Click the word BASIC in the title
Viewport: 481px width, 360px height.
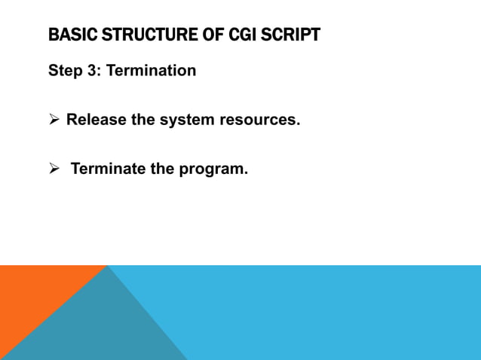(66, 35)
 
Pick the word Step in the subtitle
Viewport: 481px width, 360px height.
(65, 71)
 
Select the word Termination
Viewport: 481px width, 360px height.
(151, 71)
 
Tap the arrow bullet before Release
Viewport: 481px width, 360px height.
(54, 120)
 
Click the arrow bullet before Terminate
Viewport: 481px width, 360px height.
(54, 169)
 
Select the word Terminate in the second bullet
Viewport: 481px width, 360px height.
(108, 169)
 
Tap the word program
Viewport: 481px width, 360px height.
(213, 169)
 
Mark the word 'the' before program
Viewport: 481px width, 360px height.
(162, 169)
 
